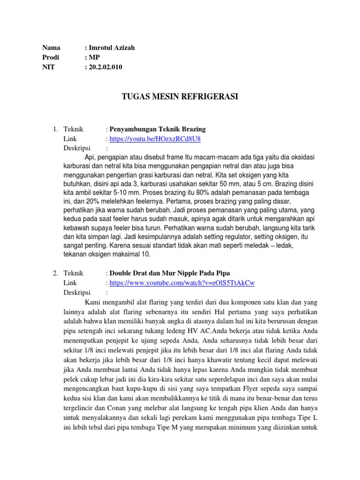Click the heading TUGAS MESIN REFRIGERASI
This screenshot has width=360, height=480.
180,97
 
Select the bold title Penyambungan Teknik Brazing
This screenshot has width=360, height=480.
157,129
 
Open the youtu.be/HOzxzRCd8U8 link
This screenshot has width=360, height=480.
157,139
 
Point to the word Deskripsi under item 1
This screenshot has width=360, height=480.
76,149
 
